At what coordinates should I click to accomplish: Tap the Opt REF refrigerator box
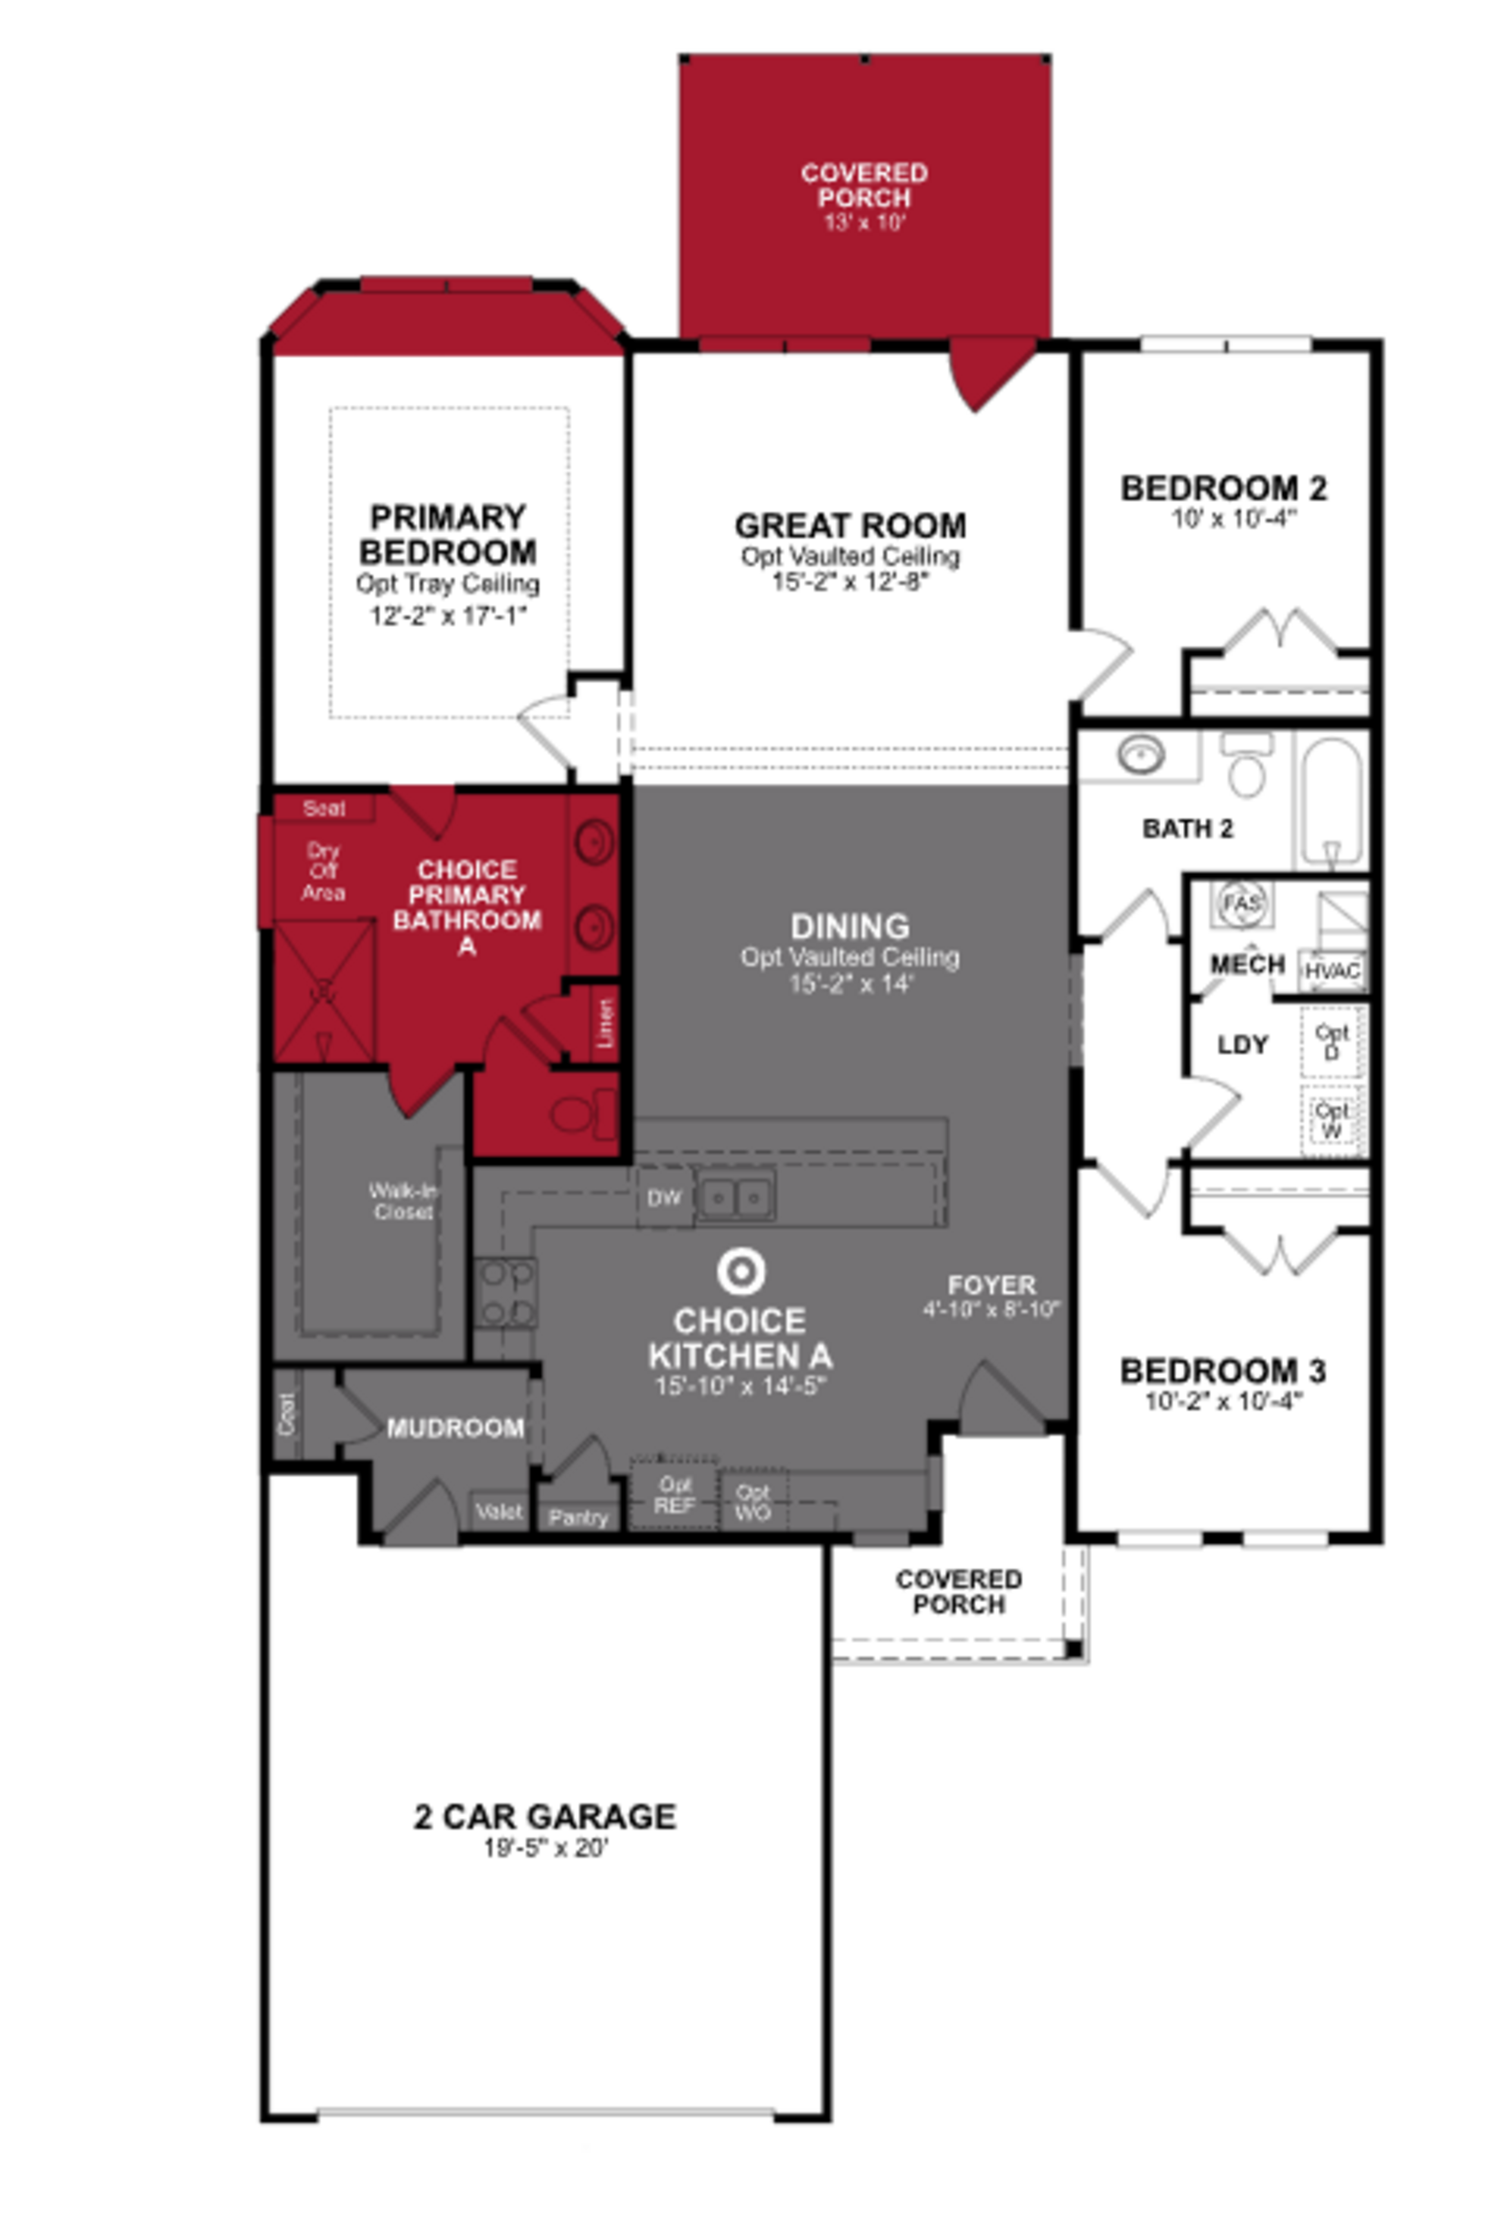pyautogui.click(x=674, y=1494)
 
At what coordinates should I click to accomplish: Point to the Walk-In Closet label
pyautogui.click(x=403, y=1201)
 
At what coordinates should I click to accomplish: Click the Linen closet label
pyautogui.click(x=604, y=1023)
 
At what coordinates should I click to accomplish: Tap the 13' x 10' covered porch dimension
pyautogui.click(x=864, y=222)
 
